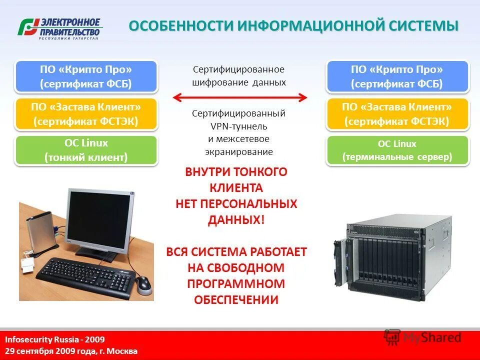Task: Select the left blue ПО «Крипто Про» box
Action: (x=86, y=76)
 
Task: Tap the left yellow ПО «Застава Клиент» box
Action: (x=86, y=114)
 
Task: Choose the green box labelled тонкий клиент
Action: (x=86, y=150)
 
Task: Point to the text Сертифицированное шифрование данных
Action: (x=239, y=75)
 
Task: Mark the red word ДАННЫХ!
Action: (x=236, y=220)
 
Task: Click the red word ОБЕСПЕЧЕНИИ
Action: (x=236, y=300)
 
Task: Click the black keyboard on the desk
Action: (x=86, y=275)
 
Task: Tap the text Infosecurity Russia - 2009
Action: (x=48, y=339)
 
